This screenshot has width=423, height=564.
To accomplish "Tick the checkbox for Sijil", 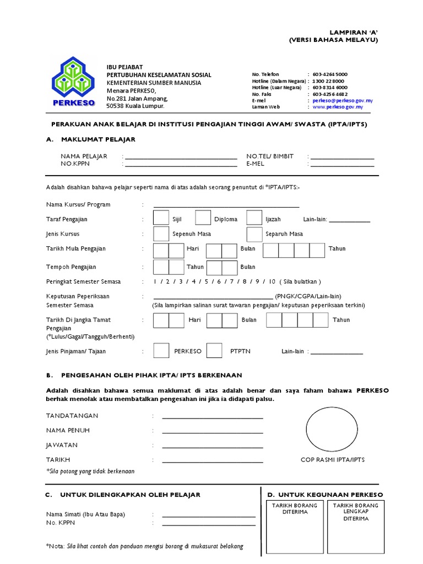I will click(161, 219).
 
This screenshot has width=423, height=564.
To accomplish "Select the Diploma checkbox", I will click(203, 219).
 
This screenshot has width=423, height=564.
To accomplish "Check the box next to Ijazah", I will click(254, 219).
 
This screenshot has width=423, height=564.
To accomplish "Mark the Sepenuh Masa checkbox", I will click(161, 234).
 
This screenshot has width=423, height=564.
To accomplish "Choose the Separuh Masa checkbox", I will click(254, 234).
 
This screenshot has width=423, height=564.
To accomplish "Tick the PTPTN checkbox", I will click(214, 351).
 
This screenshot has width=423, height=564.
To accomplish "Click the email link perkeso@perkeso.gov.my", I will click(343, 101).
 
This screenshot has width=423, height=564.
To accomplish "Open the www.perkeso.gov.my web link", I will click(338, 107).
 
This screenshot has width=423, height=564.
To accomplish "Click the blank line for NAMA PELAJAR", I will click(181, 158).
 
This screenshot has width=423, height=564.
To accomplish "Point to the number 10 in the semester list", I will click(272, 282).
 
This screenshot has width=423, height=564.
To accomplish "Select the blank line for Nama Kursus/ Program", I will click(226, 207).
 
